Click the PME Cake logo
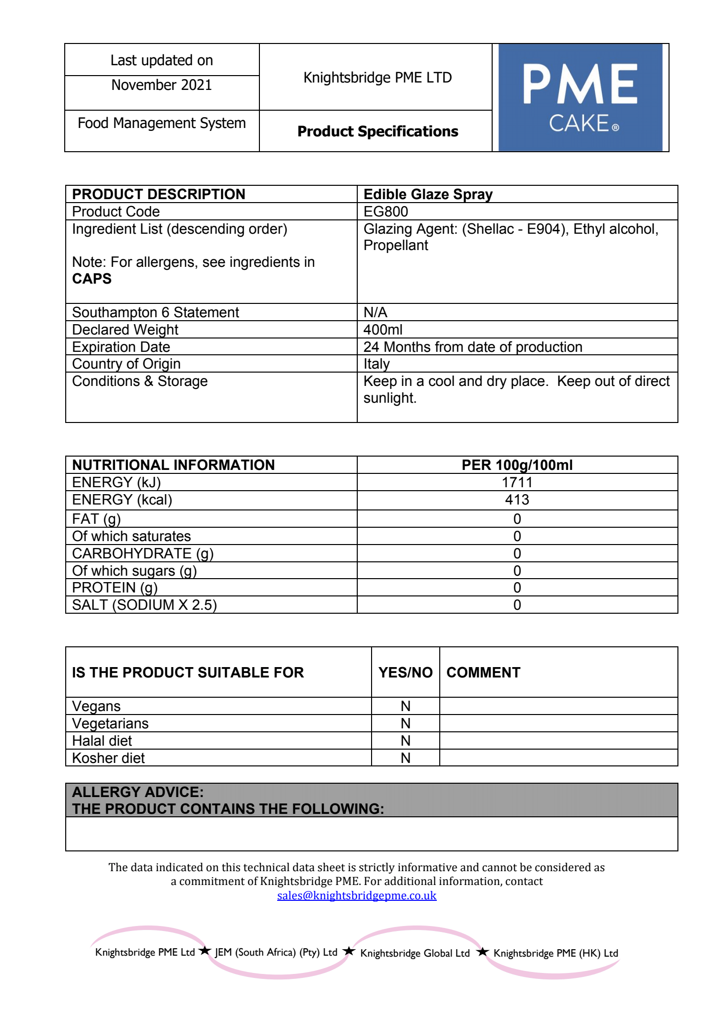click(580, 97)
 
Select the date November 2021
click(162, 85)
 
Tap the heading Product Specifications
click(378, 131)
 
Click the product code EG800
click(386, 211)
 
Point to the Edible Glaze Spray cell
click(428, 194)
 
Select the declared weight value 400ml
click(383, 330)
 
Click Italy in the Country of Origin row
click(377, 364)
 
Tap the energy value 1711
click(517, 482)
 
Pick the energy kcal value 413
click(517, 500)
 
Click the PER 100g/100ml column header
click(517, 465)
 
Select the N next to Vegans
click(405, 706)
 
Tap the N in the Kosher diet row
click(405, 758)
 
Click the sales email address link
click(357, 895)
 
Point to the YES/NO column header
click(405, 673)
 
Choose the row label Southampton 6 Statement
click(155, 312)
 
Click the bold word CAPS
click(92, 279)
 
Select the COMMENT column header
click(483, 673)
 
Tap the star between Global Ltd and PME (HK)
click(483, 952)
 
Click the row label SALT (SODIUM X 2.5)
click(144, 605)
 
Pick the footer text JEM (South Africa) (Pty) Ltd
click(276, 952)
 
